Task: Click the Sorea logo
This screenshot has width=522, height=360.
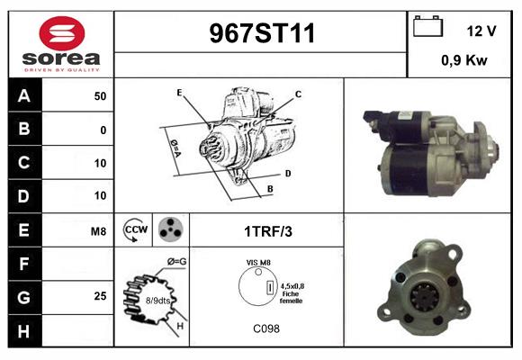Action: pyautogui.click(x=60, y=44)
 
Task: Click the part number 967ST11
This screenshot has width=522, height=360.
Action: pyautogui.click(x=262, y=34)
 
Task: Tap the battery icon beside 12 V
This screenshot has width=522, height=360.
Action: pyautogui.click(x=427, y=28)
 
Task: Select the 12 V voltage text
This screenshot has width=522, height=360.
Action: pyautogui.click(x=481, y=31)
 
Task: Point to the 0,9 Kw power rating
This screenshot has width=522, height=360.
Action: pyautogui.click(x=463, y=60)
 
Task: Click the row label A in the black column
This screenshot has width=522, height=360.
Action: pyautogui.click(x=23, y=96)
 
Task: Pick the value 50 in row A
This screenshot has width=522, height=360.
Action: pyautogui.click(x=99, y=96)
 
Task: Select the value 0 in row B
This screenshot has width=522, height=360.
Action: pyautogui.click(x=103, y=130)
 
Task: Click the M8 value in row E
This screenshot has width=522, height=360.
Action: pyautogui.click(x=98, y=231)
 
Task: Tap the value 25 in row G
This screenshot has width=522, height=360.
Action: pyautogui.click(x=99, y=295)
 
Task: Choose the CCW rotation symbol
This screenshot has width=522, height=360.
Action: pyautogui.click(x=135, y=230)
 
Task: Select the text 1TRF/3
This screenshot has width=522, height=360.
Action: pyautogui.click(x=267, y=231)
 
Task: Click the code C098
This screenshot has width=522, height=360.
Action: pyautogui.click(x=266, y=329)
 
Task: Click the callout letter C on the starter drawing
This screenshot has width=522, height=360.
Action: pyautogui.click(x=298, y=94)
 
